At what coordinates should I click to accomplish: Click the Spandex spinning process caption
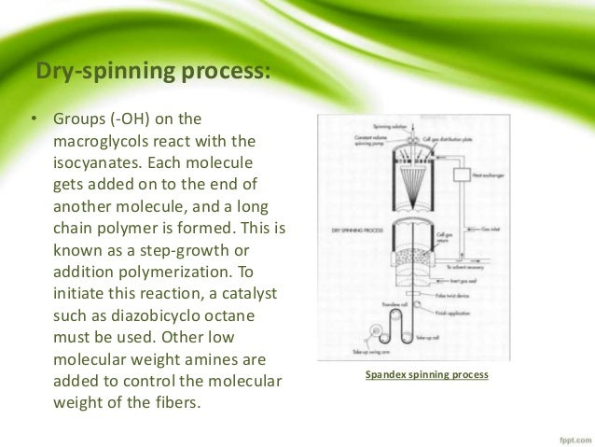click(x=426, y=375)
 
